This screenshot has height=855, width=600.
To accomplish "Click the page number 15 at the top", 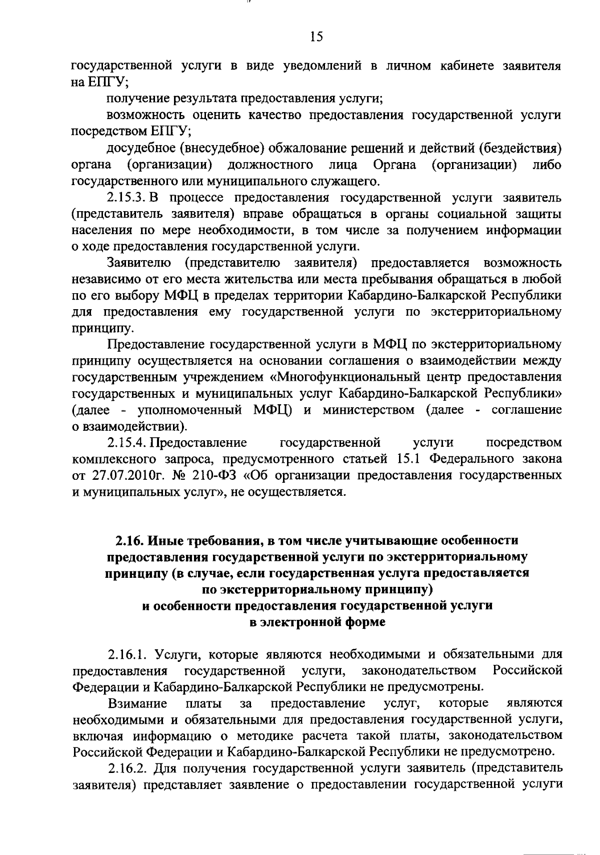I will [316, 37].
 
